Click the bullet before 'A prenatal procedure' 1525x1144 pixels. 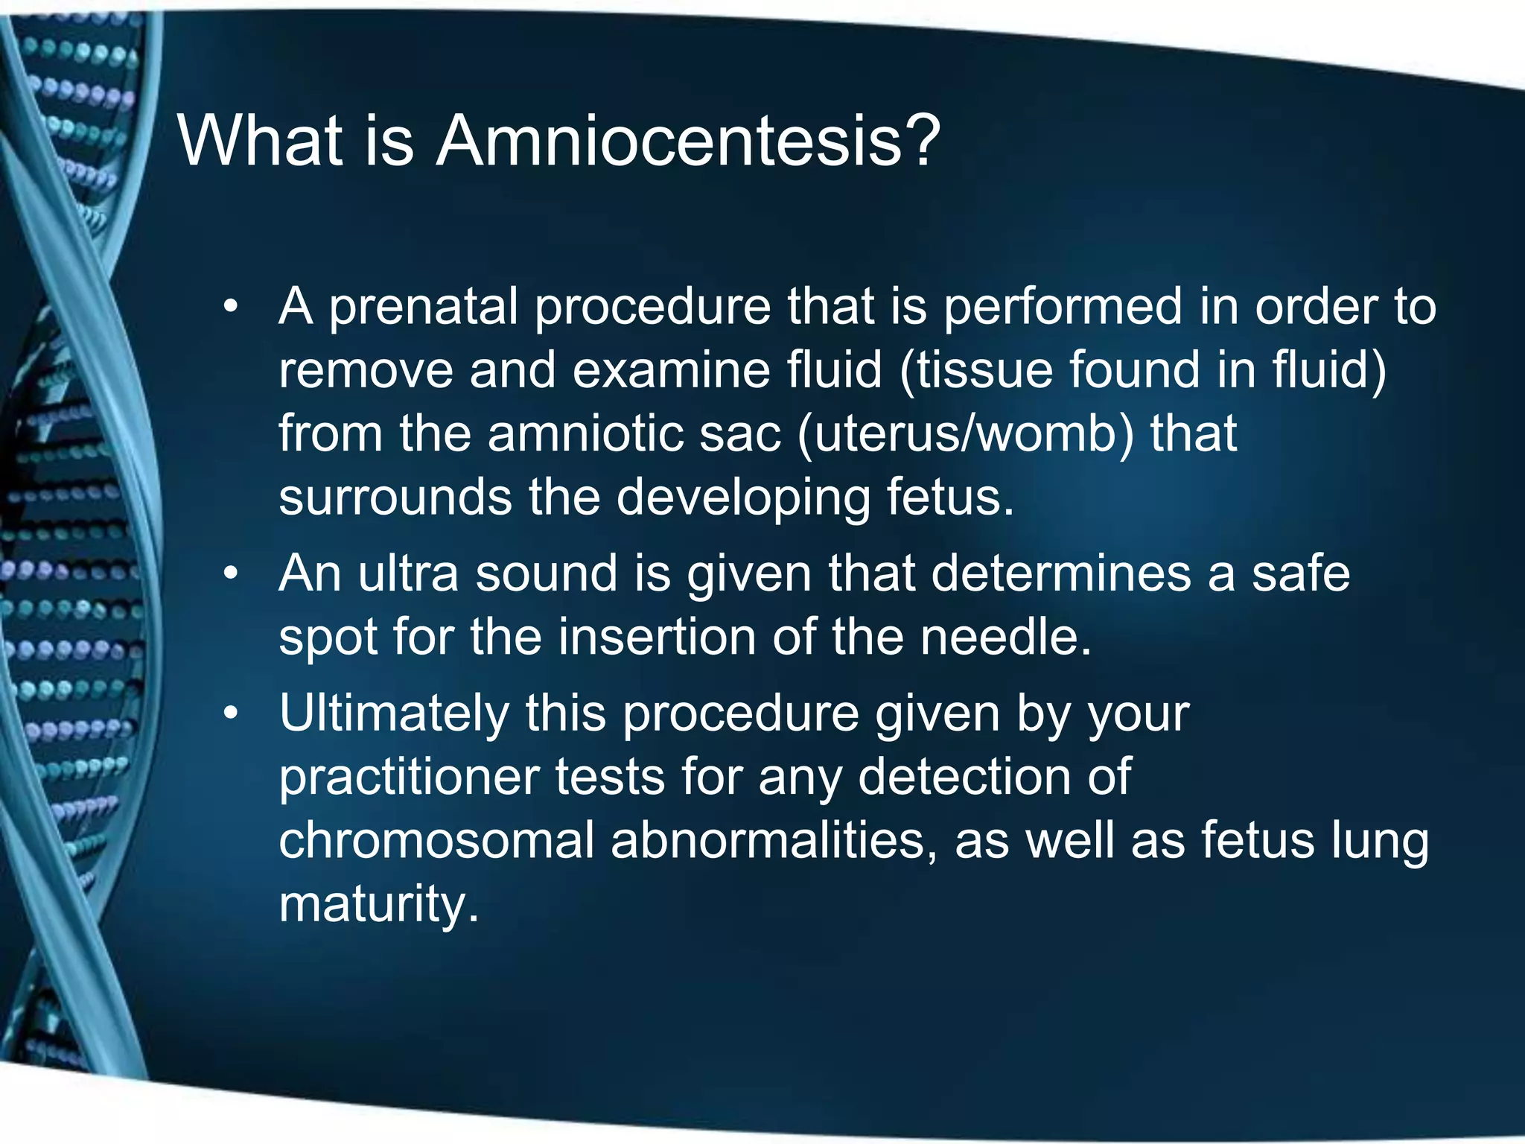[x=232, y=307]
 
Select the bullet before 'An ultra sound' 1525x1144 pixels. [x=232, y=573]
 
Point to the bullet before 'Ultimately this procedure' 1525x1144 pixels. [x=232, y=713]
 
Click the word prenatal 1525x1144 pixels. [x=424, y=307]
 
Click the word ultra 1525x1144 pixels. [x=408, y=573]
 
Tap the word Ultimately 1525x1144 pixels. [x=394, y=713]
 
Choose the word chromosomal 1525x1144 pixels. [x=436, y=840]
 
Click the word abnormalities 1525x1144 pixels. [x=774, y=840]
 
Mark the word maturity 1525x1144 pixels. [x=378, y=904]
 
